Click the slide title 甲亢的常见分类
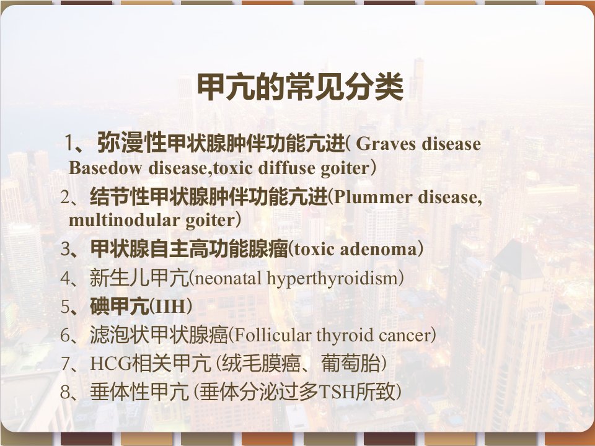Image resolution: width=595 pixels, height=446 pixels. (300, 87)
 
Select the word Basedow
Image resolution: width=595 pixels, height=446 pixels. (105, 168)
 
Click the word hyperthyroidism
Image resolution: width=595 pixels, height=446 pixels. (332, 279)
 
